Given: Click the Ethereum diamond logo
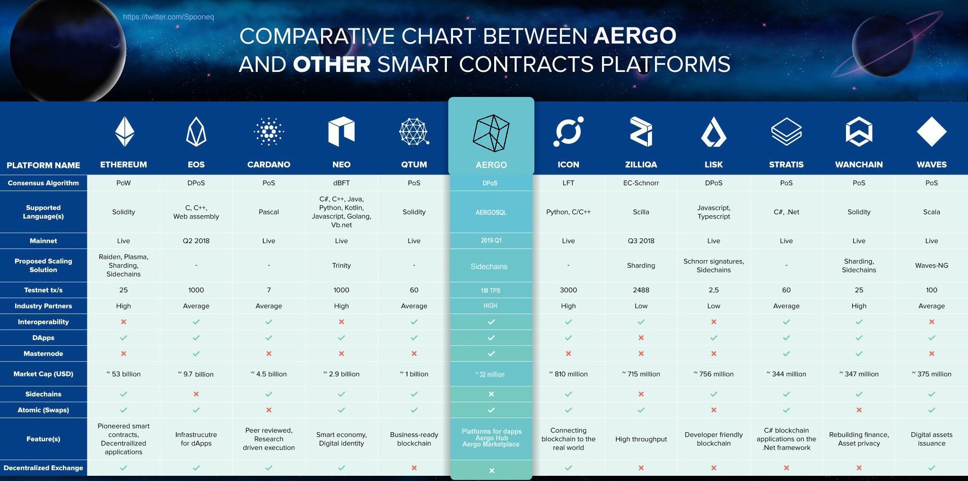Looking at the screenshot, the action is (x=124, y=131).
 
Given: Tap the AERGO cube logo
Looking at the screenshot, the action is (x=491, y=133).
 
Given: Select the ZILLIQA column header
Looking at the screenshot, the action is (x=641, y=165).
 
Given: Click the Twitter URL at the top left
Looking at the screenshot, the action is (x=168, y=17).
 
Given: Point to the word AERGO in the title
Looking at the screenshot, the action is (x=635, y=36).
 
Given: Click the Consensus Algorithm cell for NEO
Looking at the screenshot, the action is (x=341, y=183).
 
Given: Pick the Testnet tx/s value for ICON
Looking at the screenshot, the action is (x=568, y=290).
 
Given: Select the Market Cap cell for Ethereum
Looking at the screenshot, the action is (x=123, y=374).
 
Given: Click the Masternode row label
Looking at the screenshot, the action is (x=44, y=354).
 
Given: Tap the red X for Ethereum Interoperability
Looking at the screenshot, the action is (x=123, y=322).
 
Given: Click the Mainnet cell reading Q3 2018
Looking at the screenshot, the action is (x=641, y=241).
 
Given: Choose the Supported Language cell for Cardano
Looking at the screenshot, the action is (x=269, y=212).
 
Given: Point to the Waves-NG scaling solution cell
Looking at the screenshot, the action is (x=932, y=265).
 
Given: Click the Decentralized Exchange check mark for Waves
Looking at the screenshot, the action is (x=932, y=468).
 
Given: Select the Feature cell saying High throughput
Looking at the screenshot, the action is (x=641, y=439).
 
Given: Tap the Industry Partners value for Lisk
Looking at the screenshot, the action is (x=714, y=306).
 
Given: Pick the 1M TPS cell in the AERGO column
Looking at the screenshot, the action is (x=490, y=290).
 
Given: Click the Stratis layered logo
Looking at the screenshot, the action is (x=786, y=131).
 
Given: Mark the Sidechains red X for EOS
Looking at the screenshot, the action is (x=196, y=394).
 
